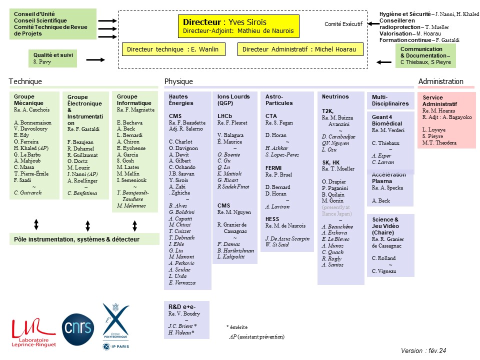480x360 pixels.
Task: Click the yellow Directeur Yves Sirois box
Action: pyautogui.click(x=239, y=26)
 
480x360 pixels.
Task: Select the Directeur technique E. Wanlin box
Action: pyautogui.click(x=173, y=49)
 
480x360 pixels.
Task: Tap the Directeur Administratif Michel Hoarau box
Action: pyautogui.click(x=300, y=49)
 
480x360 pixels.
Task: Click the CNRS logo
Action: pyautogui.click(x=78, y=329)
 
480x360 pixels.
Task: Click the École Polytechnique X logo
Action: pyautogui.click(x=115, y=326)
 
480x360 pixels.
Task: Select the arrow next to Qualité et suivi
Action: pyautogui.click(x=95, y=59)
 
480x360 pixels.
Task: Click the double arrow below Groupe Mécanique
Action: pyautogui.click(x=36, y=224)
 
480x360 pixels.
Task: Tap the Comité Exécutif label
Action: pyautogui.click(x=343, y=24)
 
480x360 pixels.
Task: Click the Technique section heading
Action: pyautogui.click(x=25, y=81)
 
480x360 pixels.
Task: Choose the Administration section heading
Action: pyautogui.click(x=441, y=81)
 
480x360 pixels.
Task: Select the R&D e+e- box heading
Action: pyautogui.click(x=182, y=306)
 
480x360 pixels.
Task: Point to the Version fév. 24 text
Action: pyautogui.click(x=423, y=351)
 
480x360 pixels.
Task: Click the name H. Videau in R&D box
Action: pyautogui.click(x=181, y=332)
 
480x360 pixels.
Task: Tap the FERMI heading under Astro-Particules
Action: pyautogui.click(x=273, y=168)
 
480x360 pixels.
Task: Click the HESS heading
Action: pyautogui.click(x=272, y=219)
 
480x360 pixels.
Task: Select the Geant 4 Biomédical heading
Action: pyautogui.click(x=387, y=120)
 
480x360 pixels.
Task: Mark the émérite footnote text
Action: pyautogui.click(x=237, y=327)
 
